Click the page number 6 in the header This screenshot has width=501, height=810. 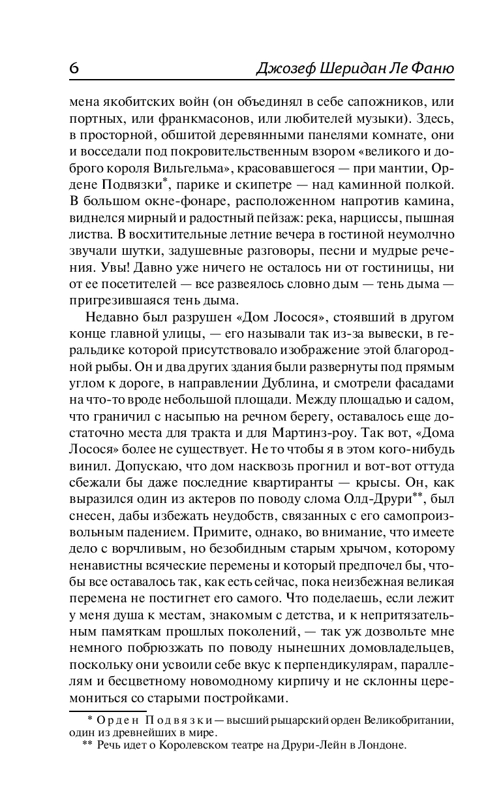click(x=74, y=69)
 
